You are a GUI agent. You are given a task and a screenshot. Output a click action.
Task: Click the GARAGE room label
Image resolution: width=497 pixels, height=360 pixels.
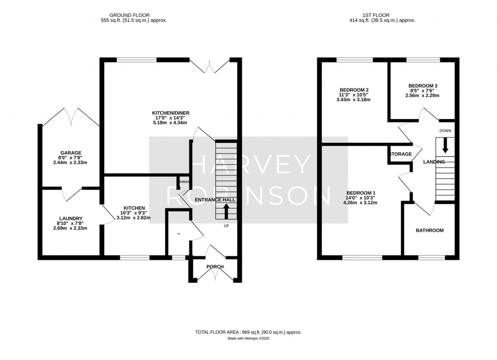point(71,153)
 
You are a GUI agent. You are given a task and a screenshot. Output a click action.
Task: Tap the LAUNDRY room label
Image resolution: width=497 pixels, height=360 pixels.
point(71,219)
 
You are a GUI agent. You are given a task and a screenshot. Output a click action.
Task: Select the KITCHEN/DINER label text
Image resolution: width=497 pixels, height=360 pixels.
point(170,113)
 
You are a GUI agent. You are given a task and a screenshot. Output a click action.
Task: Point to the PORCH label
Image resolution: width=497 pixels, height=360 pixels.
point(215,266)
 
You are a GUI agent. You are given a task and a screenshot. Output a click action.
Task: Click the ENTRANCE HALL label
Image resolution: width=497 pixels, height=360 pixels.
point(215,200)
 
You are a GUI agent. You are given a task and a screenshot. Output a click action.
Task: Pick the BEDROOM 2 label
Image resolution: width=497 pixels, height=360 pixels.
point(354,90)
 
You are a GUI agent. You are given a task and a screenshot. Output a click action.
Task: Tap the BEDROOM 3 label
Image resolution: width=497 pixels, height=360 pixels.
point(422,86)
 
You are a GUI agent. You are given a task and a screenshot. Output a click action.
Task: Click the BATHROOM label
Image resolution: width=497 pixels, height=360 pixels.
point(430,230)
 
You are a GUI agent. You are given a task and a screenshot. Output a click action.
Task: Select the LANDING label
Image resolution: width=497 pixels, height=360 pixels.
point(434,162)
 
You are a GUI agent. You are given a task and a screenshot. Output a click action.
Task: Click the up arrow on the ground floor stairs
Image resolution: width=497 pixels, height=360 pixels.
point(226,211)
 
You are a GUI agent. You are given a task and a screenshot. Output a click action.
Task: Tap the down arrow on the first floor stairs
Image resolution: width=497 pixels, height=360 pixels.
point(445,146)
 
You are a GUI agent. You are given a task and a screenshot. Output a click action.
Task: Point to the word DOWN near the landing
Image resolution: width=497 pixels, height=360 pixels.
point(445,131)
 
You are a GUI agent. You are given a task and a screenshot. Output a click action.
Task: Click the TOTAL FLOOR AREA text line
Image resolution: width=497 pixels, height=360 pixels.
point(248,332)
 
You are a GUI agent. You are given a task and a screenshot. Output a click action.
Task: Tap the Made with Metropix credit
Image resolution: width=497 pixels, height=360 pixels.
point(248,339)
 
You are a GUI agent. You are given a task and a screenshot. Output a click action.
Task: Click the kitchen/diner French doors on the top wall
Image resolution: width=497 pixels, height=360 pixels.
point(209,65)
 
